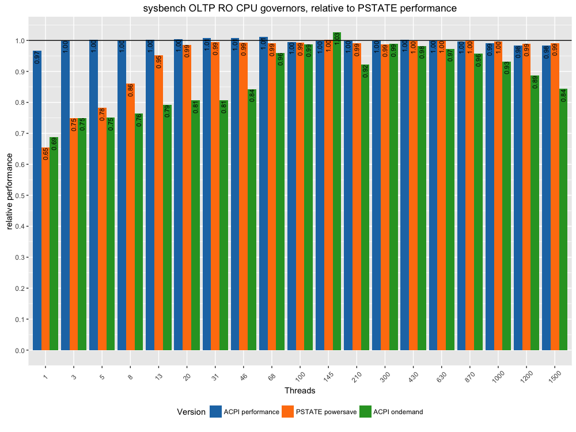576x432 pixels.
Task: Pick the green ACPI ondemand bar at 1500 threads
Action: [563, 219]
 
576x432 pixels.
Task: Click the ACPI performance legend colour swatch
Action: [216, 411]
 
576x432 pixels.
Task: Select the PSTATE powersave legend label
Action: [326, 412]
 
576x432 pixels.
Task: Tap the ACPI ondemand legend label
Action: [398, 412]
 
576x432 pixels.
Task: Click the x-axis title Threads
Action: [300, 391]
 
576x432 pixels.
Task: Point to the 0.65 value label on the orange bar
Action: [46, 153]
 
